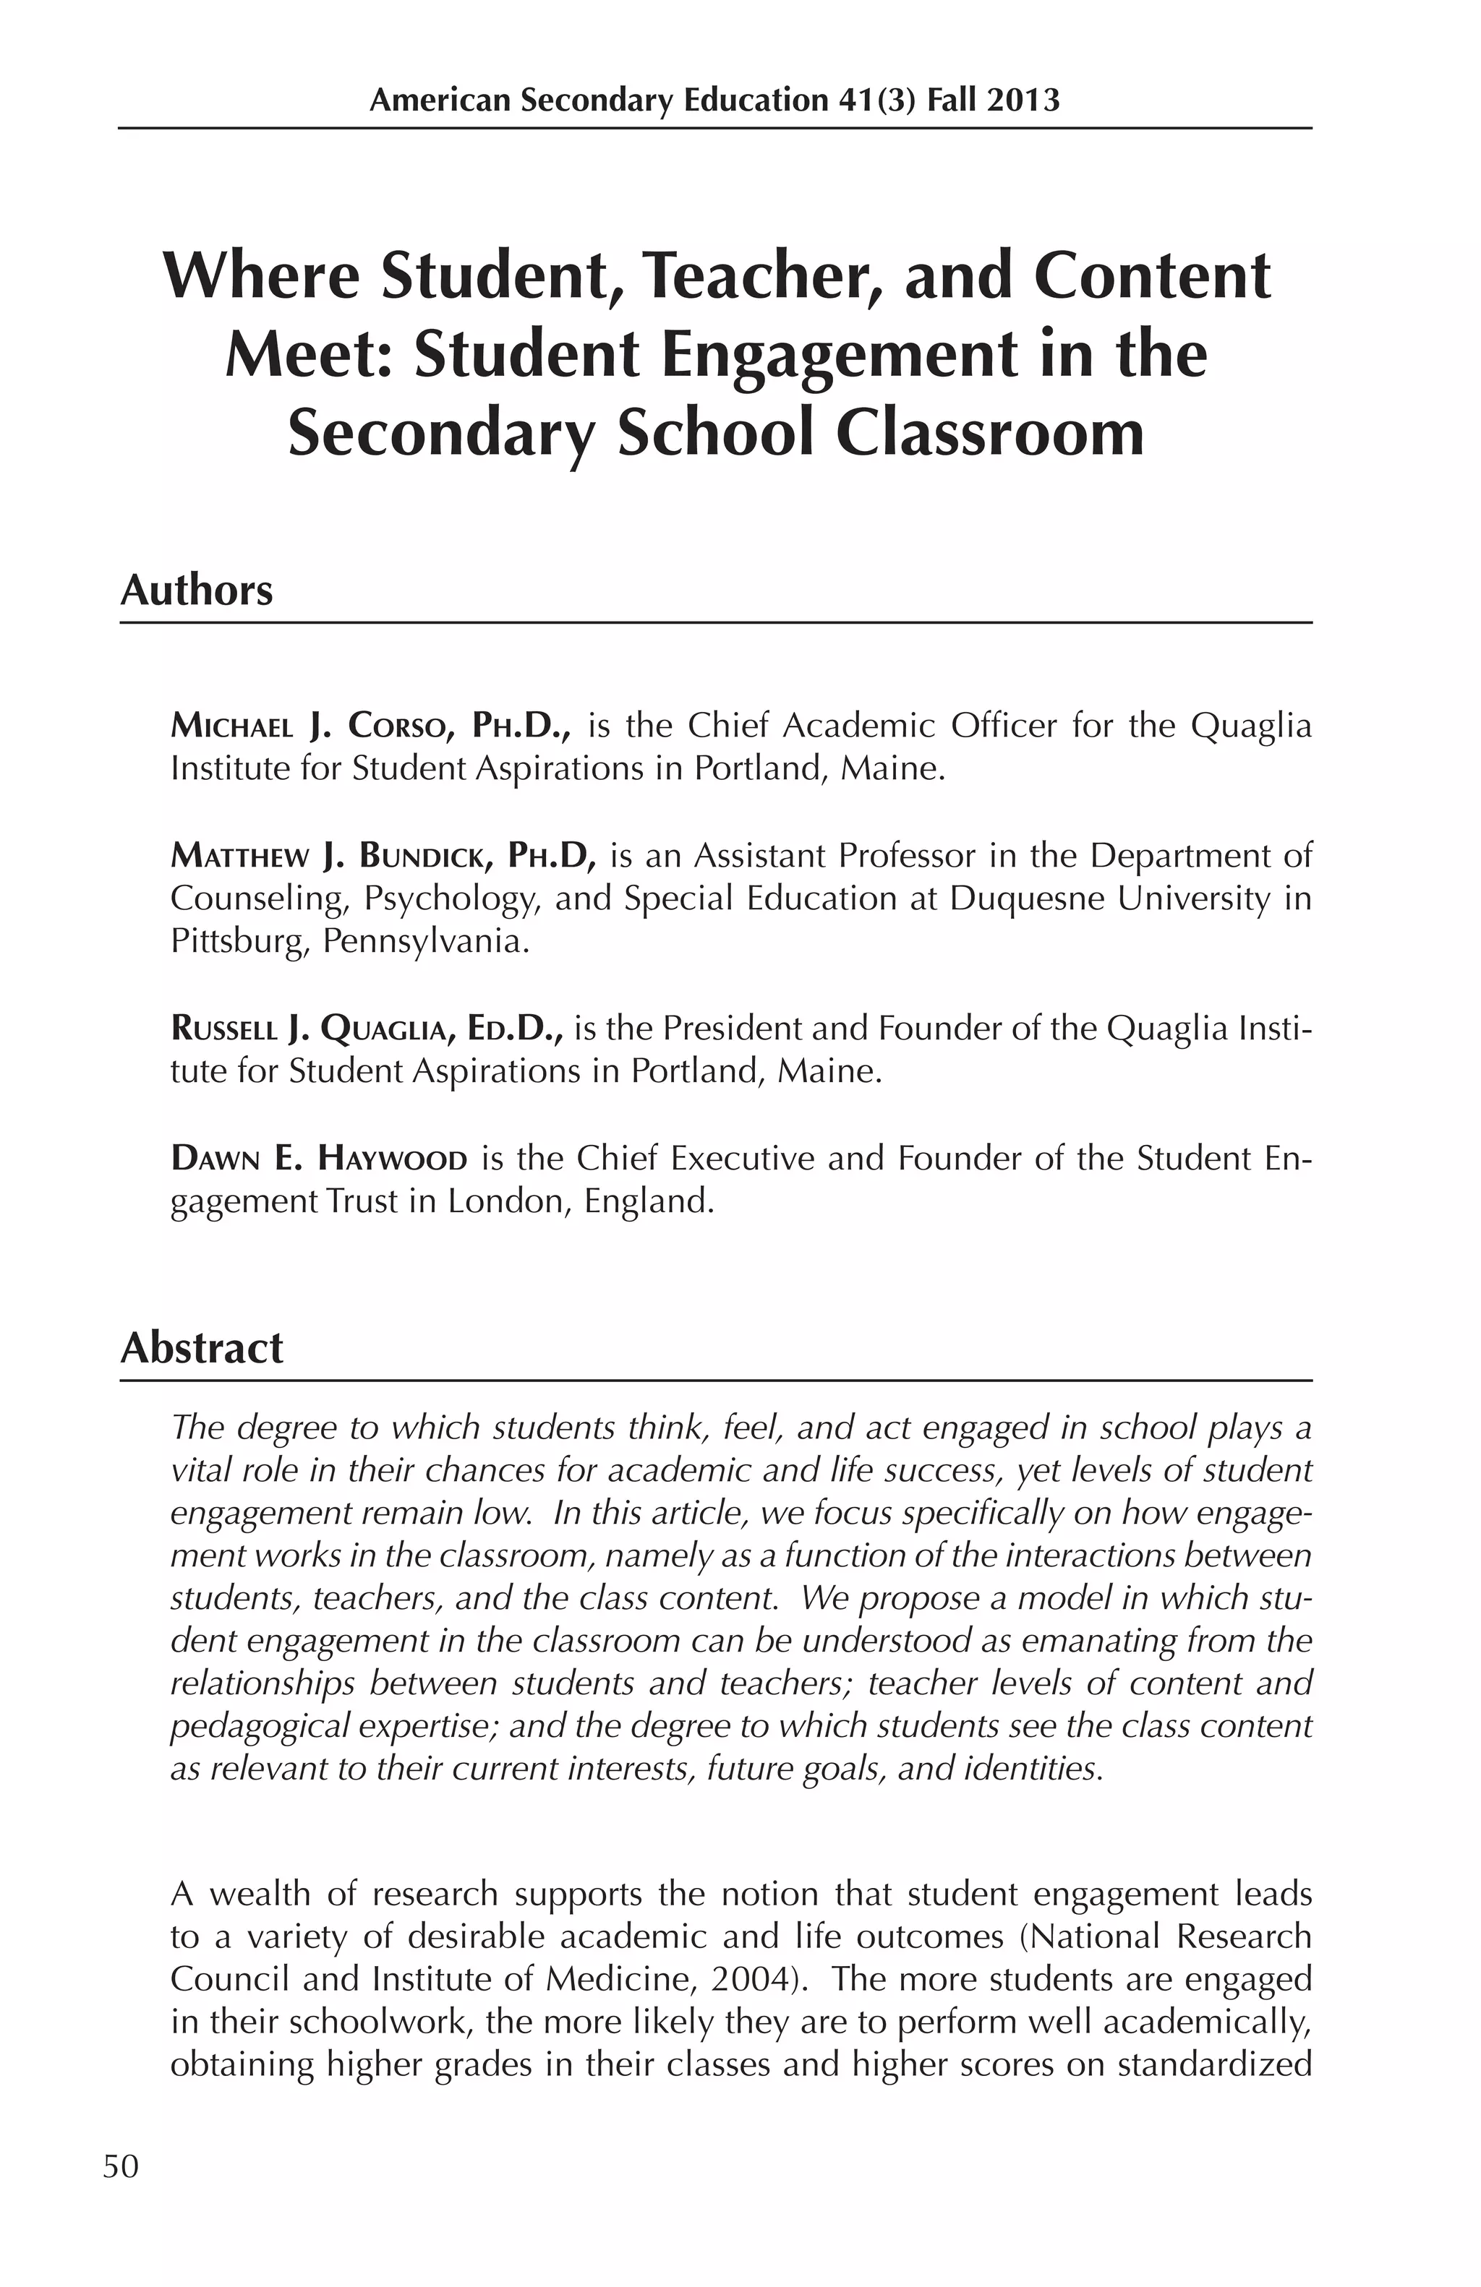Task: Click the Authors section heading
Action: [x=196, y=590]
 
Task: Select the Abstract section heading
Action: [x=202, y=1348]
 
